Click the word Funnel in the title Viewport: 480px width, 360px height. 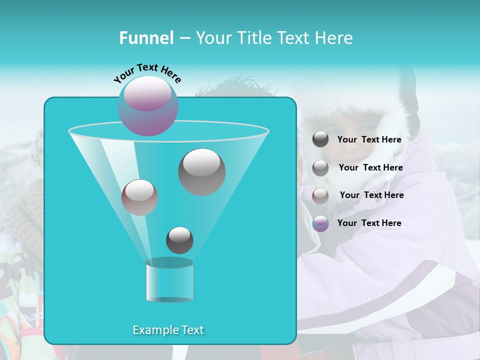(x=146, y=38)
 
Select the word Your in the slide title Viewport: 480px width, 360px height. (x=211, y=38)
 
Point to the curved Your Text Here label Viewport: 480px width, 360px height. (x=147, y=73)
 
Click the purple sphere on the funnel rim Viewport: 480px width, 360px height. (x=148, y=105)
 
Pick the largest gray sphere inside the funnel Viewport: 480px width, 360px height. (x=202, y=172)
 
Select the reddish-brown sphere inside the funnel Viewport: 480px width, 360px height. (x=139, y=197)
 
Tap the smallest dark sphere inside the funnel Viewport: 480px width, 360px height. (x=179, y=240)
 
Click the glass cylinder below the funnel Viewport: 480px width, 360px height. (x=170, y=281)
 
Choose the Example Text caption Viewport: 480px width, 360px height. (x=168, y=330)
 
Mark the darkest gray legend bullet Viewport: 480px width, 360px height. (x=320, y=139)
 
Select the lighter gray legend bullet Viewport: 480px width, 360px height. (x=320, y=168)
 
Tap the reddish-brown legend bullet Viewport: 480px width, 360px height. (x=320, y=195)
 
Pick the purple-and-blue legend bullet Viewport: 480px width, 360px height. (x=320, y=223)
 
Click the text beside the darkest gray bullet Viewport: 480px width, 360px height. (x=369, y=140)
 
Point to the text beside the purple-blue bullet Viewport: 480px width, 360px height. (x=369, y=223)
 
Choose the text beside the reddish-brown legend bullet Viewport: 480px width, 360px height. (x=371, y=195)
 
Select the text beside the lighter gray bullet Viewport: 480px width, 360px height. (x=370, y=167)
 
